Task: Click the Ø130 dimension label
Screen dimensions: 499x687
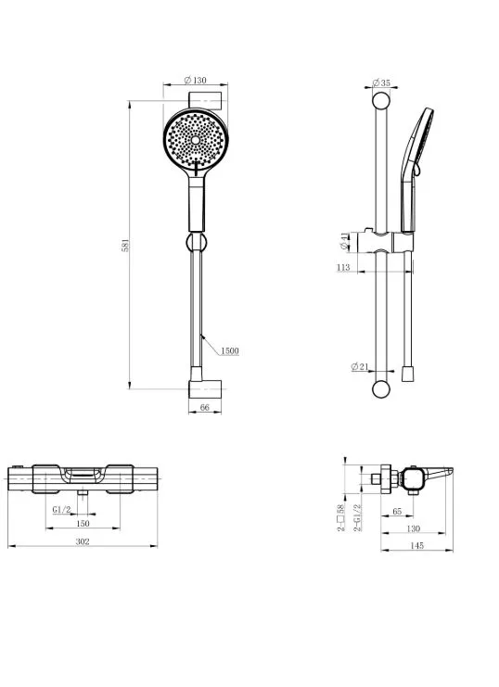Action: coord(195,80)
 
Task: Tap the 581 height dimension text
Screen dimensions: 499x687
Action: coord(125,246)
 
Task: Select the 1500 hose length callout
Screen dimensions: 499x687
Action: coord(230,350)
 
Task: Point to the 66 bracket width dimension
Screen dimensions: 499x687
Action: coord(205,407)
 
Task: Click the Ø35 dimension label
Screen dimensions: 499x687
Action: coord(381,83)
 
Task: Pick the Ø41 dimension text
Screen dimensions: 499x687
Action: coord(345,241)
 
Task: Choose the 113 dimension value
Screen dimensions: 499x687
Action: coord(343,267)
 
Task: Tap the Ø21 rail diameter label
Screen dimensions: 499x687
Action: coord(360,367)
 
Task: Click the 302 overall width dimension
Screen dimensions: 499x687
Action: coord(83,541)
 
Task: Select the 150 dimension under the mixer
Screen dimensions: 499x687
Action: coord(83,523)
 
